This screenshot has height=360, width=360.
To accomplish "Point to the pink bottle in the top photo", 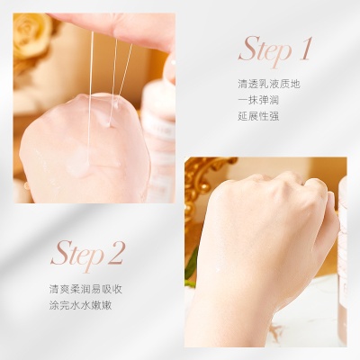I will (160, 135).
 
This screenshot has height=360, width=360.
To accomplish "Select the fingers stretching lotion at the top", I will (126, 27).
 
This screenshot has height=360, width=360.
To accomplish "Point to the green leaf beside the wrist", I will (192, 265).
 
